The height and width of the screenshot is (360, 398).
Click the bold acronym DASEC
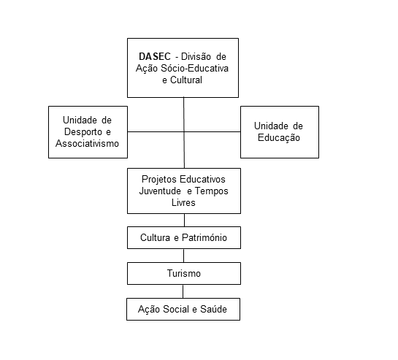(x=155, y=56)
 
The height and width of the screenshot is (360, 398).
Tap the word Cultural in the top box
(x=186, y=80)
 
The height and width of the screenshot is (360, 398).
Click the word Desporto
(x=83, y=131)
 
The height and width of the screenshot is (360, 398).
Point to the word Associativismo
(x=88, y=143)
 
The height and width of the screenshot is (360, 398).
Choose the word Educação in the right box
(x=279, y=138)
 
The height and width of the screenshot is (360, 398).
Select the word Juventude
(x=160, y=191)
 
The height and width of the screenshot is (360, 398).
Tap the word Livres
(x=183, y=202)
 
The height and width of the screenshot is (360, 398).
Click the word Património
(x=204, y=237)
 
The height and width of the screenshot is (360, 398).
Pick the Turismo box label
(x=184, y=273)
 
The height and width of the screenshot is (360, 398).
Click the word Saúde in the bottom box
(x=213, y=309)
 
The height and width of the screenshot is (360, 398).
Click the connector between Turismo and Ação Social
(x=183, y=291)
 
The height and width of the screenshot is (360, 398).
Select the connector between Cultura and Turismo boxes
(x=183, y=256)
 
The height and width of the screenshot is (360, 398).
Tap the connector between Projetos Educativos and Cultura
(x=184, y=220)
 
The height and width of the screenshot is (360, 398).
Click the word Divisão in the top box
(x=196, y=56)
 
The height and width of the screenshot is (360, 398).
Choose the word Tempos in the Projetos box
(x=212, y=191)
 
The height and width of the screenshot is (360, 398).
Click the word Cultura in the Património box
(x=155, y=237)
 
